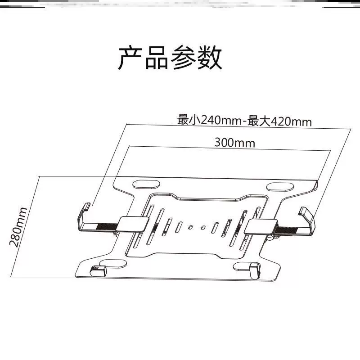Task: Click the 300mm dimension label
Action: pyautogui.click(x=234, y=143)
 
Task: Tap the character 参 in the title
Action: pyautogui.click(x=183, y=58)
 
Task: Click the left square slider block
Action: pyautogui.click(x=134, y=224)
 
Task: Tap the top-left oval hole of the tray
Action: pyautogui.click(x=147, y=184)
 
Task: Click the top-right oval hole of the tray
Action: pyautogui.click(x=279, y=186)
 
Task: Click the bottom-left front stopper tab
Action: pyautogui.click(x=98, y=271)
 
